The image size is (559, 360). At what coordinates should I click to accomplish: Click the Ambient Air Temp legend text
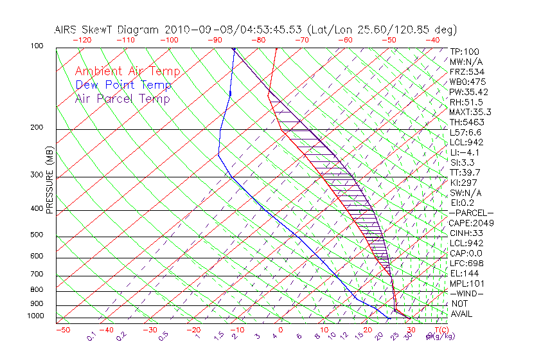(127, 71)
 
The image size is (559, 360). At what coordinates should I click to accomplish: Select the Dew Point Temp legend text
(123, 85)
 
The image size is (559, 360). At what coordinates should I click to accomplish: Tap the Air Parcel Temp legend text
(122, 98)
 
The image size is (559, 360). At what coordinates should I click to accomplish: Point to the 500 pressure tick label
(36, 235)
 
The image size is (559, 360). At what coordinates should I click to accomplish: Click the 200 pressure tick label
(36, 127)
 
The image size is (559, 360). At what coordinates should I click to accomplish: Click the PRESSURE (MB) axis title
(49, 180)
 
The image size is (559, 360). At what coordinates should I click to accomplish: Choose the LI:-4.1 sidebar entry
(465, 152)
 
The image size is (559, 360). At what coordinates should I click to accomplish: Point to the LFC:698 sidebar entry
(466, 263)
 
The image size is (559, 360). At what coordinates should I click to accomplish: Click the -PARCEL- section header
(472, 213)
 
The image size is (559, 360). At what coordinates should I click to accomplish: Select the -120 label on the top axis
(81, 39)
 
